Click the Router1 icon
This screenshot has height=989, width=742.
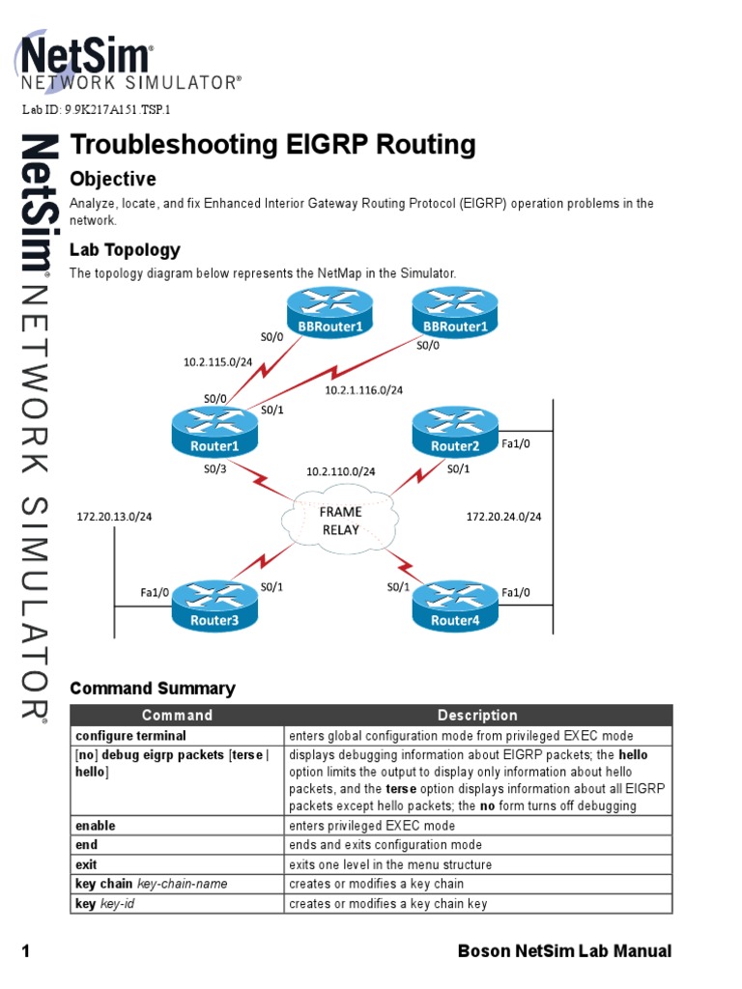point(214,434)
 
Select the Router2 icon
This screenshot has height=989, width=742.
point(454,434)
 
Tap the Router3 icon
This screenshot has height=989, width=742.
point(214,608)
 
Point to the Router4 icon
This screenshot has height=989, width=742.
point(454,608)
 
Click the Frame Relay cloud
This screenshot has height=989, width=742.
point(339,521)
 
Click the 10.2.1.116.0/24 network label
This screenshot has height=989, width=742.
point(363,390)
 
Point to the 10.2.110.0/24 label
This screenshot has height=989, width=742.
point(340,471)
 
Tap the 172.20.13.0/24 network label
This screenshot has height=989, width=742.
point(114,517)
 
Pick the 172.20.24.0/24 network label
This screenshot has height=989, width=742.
point(503,517)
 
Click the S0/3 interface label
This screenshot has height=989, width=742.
point(214,469)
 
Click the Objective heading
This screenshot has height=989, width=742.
point(113,180)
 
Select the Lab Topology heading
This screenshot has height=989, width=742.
point(125,250)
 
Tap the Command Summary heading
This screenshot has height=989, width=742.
point(153,689)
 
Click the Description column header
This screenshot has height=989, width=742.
point(477,716)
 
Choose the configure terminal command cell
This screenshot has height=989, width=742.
point(130,736)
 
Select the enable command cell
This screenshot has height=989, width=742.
point(96,826)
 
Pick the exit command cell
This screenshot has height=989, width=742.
point(87,864)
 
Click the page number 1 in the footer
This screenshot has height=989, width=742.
point(27,951)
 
